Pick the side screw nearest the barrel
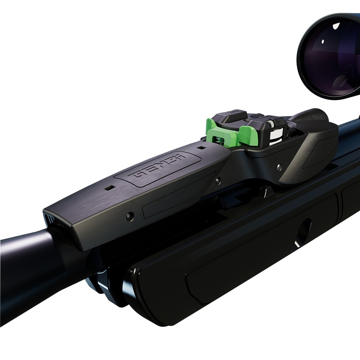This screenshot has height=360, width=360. (130, 216)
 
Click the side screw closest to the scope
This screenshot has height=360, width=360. (279, 166)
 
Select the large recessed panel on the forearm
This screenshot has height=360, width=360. (263, 252)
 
